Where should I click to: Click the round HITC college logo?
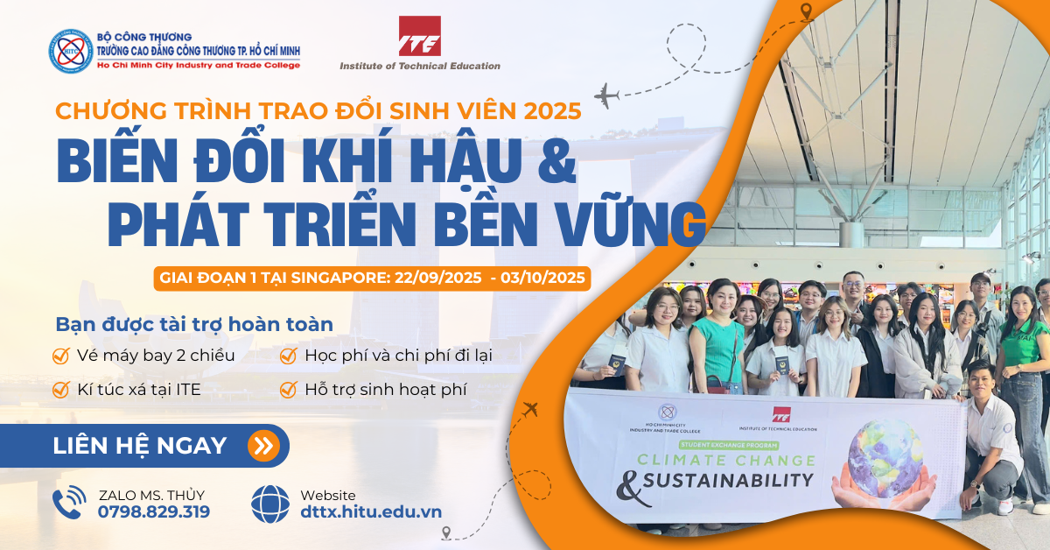71,51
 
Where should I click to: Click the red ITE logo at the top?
419,36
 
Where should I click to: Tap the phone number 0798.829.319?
154,512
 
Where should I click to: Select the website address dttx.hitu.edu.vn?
371,512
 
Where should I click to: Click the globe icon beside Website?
270,504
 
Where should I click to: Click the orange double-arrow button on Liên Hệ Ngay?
264,446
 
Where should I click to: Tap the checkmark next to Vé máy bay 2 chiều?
61,356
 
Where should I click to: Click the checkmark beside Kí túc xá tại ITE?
61,390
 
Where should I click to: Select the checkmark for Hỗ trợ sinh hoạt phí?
288,390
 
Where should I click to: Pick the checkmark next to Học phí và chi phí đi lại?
288,356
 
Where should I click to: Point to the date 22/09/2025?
437,278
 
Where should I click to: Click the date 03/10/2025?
542,278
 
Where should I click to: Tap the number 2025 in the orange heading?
553,111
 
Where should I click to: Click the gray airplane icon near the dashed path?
607,95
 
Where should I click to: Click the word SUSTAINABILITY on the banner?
728,481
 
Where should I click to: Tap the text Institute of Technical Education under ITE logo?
420,67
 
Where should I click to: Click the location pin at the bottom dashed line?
445,533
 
